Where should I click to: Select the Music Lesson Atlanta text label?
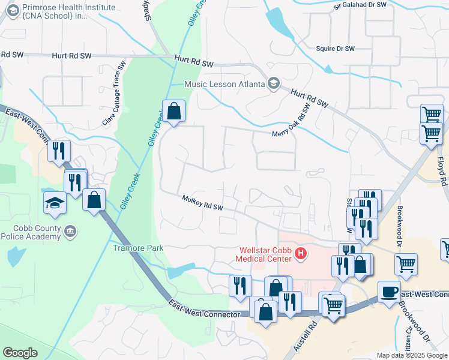pos(225,84)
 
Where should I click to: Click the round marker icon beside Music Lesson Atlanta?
pos(274,83)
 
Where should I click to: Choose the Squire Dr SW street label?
pos(336,49)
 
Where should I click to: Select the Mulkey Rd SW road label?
pos(203,203)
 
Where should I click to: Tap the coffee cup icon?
pos(389,291)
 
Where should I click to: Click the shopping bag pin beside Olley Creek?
pos(173,111)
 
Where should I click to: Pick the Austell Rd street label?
pos(313,337)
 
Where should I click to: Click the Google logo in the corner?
pos(20,352)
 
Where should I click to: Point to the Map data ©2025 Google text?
pos(412,355)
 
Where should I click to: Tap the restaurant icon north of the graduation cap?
pos(59,151)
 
